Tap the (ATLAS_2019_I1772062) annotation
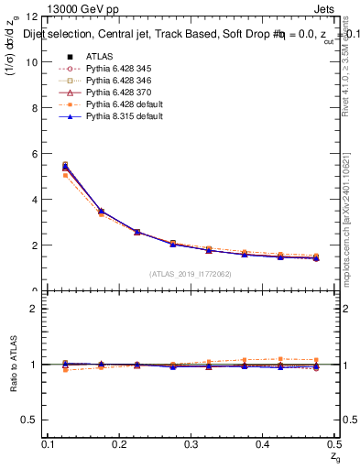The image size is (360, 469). point(191,274)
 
